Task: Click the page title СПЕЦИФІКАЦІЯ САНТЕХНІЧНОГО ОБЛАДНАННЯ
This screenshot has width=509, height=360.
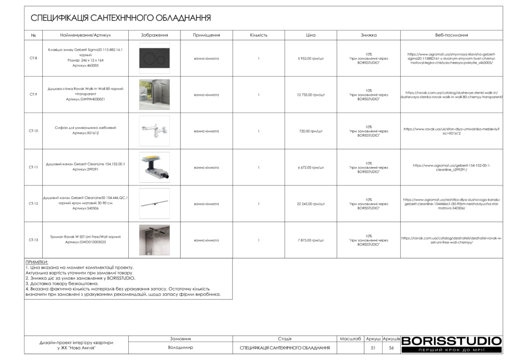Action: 121,18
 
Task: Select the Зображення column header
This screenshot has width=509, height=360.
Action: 154,35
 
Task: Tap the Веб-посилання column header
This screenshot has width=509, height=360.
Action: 451,35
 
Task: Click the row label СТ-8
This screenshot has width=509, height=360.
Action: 33,58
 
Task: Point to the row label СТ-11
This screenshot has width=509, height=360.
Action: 33,167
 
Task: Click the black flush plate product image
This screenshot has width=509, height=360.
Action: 154,58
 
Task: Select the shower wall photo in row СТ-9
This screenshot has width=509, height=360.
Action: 154,94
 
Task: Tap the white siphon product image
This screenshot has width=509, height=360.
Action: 154,131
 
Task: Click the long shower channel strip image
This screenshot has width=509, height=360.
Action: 154,204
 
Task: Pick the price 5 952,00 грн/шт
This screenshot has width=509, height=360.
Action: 311,58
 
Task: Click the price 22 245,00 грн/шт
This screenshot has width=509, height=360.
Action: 311,204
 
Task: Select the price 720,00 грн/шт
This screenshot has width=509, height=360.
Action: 311,131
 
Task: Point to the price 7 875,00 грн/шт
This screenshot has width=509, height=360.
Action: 311,240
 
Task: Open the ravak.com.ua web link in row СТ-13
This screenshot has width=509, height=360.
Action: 451,240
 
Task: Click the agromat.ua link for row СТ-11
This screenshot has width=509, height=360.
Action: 451,168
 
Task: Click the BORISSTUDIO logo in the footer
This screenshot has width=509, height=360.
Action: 451,341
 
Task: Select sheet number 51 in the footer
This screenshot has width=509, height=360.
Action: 373,348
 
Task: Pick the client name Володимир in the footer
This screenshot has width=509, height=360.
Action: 180,348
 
